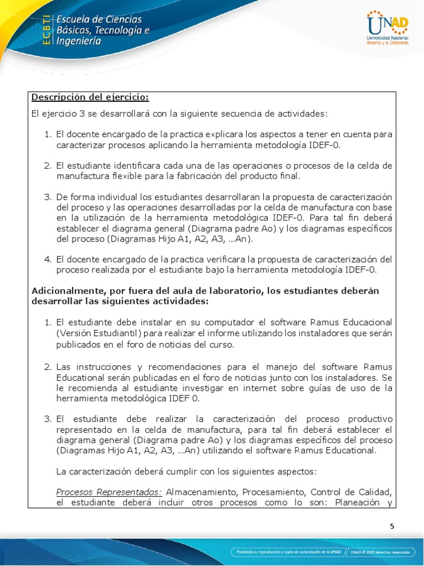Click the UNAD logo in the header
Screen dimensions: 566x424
pyautogui.click(x=387, y=28)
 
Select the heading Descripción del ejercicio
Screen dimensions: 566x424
pyautogui.click(x=90, y=97)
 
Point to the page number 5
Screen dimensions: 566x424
pyautogui.click(x=392, y=526)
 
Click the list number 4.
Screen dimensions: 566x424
pyautogui.click(x=47, y=259)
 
